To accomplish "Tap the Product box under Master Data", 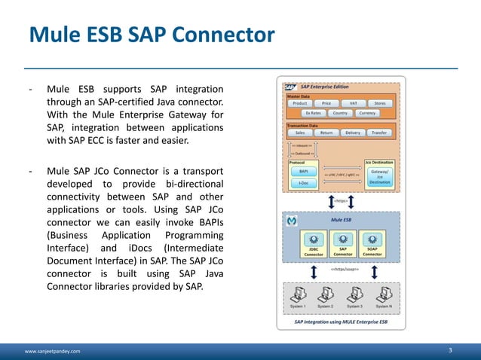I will click(299, 103).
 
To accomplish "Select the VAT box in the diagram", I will click(353, 103).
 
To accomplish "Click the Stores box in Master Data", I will click(380, 103).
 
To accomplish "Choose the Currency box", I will click(367, 113).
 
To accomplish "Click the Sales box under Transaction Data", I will click(299, 133).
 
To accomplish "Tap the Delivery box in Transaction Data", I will click(353, 133).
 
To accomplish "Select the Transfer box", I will click(380, 133).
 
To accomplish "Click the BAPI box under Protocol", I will click(303, 172).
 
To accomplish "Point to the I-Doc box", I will click(303, 183).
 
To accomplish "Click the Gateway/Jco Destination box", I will click(380, 176).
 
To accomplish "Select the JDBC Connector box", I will click(314, 251).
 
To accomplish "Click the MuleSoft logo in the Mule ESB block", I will click(292, 221).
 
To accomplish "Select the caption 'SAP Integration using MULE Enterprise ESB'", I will click(342, 322).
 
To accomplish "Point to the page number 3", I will click(450, 350).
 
